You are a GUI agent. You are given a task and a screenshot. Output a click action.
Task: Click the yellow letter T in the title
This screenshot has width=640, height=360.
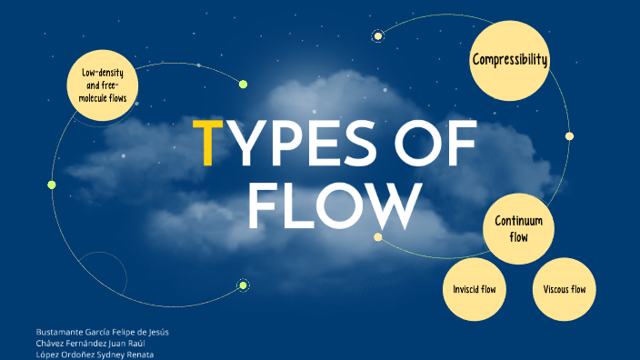[x=208, y=143]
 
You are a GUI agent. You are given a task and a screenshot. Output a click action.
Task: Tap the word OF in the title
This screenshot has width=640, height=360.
[x=435, y=143]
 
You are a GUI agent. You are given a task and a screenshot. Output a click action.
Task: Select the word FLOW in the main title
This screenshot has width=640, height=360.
[x=335, y=206]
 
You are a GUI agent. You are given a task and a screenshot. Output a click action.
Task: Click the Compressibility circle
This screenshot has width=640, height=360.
[x=509, y=60]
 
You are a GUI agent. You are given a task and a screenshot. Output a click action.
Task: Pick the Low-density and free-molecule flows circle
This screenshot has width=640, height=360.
[x=103, y=85]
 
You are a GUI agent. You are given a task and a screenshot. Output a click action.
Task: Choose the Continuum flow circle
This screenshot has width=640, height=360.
[x=518, y=228]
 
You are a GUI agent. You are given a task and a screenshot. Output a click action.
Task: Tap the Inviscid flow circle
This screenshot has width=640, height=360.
[x=475, y=289]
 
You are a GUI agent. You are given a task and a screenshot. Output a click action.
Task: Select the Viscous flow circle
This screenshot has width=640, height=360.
[x=564, y=289]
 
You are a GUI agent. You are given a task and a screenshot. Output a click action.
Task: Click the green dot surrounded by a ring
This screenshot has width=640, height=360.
[x=243, y=285]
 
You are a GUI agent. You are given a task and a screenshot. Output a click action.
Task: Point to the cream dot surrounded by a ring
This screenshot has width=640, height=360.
[x=378, y=36]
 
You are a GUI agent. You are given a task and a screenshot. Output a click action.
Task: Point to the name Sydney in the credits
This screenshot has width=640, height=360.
[x=114, y=355]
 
